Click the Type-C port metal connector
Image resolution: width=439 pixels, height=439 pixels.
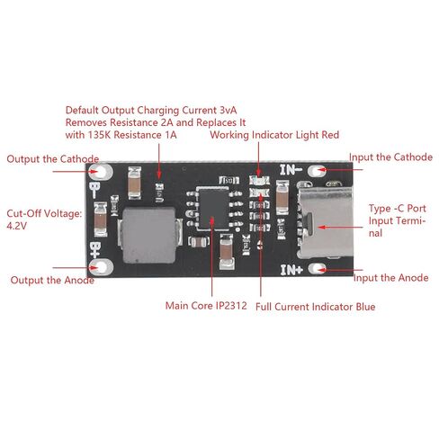click(x=325, y=219)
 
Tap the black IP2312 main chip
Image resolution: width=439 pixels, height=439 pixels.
click(x=214, y=209)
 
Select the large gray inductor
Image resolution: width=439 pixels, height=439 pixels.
click(x=148, y=236)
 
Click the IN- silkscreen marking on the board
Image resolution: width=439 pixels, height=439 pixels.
click(x=291, y=169)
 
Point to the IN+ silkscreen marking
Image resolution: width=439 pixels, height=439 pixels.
click(x=291, y=270)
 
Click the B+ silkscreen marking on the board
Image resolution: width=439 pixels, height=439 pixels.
click(x=94, y=249)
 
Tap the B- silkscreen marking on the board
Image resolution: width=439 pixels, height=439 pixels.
click(x=94, y=190)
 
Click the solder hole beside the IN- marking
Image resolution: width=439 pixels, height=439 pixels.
click(x=317, y=171)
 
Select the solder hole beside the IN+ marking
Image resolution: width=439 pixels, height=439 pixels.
click(x=317, y=268)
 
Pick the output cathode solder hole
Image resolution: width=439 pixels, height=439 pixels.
click(x=101, y=172)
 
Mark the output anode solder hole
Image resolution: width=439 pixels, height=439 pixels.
click(x=102, y=267)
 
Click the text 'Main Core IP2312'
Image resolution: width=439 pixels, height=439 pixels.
click(x=206, y=306)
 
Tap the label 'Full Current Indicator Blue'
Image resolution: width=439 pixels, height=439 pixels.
click(x=316, y=307)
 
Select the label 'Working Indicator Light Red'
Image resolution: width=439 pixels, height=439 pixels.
click(x=274, y=135)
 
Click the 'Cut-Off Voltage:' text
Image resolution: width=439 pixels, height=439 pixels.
click(x=44, y=213)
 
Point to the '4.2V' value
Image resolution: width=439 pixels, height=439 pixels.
click(x=17, y=226)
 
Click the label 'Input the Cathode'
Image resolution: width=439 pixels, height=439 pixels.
click(x=390, y=157)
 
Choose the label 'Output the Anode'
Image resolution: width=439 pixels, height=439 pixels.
click(x=52, y=280)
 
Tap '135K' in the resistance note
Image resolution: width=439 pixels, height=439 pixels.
click(x=99, y=135)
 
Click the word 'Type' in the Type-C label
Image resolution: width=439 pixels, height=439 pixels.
click(x=380, y=209)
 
